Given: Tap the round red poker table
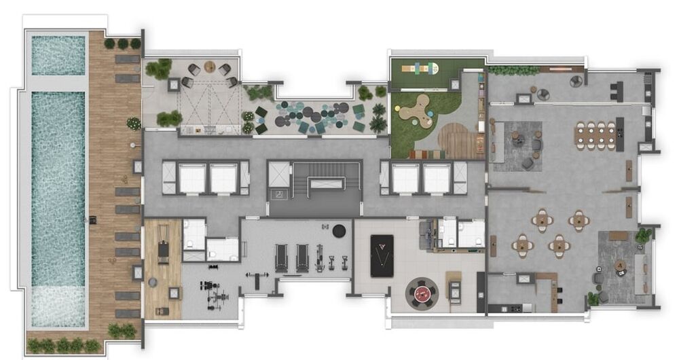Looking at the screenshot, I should click(x=422, y=294).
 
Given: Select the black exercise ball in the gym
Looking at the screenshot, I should click(x=339, y=230).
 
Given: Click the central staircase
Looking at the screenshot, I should click(x=314, y=184).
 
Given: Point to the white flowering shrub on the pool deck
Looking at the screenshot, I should click(x=134, y=123).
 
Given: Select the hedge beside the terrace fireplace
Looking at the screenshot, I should click(x=504, y=70).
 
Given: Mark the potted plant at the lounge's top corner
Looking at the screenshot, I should click(x=642, y=236).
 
